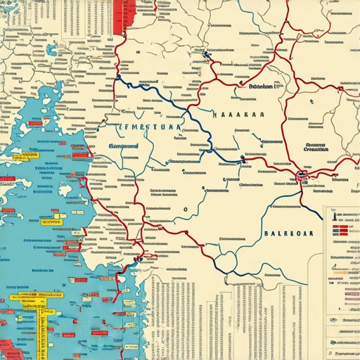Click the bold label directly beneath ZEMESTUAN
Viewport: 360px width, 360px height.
coord(124,147)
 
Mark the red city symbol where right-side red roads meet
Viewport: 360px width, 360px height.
coord(303,176)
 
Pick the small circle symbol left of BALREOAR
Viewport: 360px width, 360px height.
coord(186,209)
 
